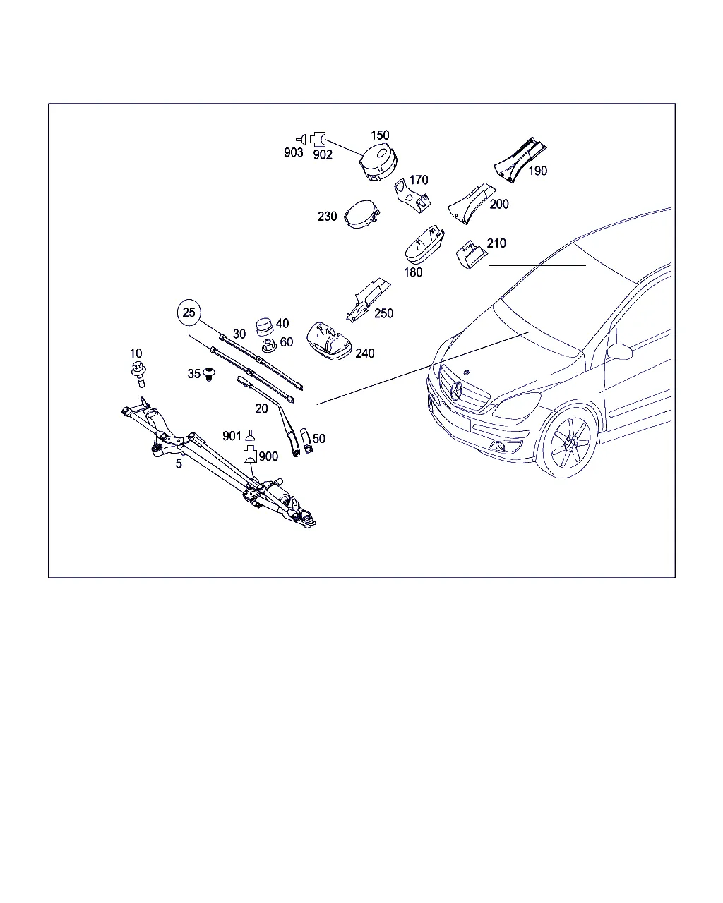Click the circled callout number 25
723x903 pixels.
tap(189, 313)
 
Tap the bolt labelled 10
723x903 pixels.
tap(139, 375)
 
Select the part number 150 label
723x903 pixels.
tap(380, 135)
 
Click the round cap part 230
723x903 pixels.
tap(361, 214)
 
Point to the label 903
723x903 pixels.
tap(293, 153)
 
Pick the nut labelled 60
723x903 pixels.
tap(268, 346)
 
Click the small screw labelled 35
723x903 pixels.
tap(209, 373)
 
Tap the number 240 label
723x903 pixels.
tap(364, 353)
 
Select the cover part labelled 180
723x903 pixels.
tap(424, 246)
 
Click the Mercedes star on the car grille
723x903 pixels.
tap(456, 392)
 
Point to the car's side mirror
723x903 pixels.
tap(619, 351)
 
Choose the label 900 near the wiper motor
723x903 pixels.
tap(268, 456)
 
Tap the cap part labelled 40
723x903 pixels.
tap(264, 327)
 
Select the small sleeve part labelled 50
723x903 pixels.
tap(306, 441)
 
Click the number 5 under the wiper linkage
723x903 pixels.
tap(179, 464)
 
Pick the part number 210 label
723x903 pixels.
tap(496, 243)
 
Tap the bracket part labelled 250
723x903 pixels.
tap(368, 300)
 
